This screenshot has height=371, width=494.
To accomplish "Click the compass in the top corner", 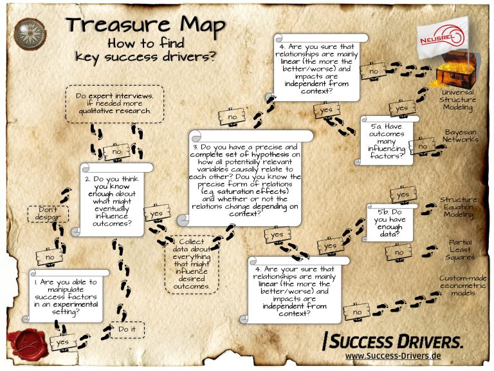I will (x=29, y=30).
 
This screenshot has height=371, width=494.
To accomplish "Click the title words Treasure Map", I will (x=146, y=25).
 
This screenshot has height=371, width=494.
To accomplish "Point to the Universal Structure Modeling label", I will (x=457, y=100).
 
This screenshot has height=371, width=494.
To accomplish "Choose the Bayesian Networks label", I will (x=461, y=135).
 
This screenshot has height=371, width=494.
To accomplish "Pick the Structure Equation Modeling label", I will (x=458, y=207).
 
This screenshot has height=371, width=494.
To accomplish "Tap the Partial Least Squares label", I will (x=460, y=249).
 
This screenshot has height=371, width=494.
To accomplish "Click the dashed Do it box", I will (x=127, y=330).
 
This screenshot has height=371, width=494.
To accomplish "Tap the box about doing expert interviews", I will (x=114, y=103).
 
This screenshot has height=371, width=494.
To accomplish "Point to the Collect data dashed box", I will (x=192, y=264).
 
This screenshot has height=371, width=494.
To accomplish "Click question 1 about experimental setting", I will (x=65, y=296).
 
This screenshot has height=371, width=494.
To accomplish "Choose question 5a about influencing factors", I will (x=386, y=140).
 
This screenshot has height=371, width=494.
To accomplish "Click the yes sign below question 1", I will (x=62, y=342).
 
